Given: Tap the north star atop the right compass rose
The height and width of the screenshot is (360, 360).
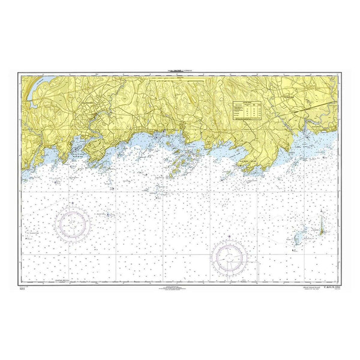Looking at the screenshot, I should click(x=230, y=235).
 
